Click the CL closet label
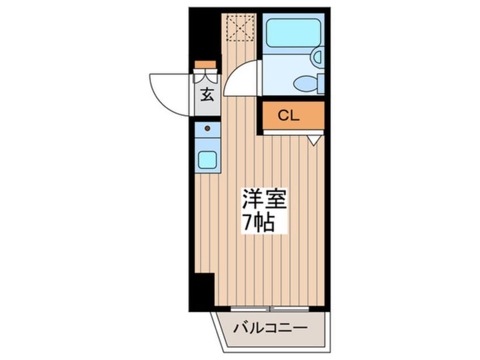(288, 116)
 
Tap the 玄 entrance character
(207, 95)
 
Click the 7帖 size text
(259, 221)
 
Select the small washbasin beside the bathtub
(317, 57)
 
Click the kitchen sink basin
(207, 160)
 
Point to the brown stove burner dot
(207, 128)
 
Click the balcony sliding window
(271, 308)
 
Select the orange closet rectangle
(293, 116)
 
